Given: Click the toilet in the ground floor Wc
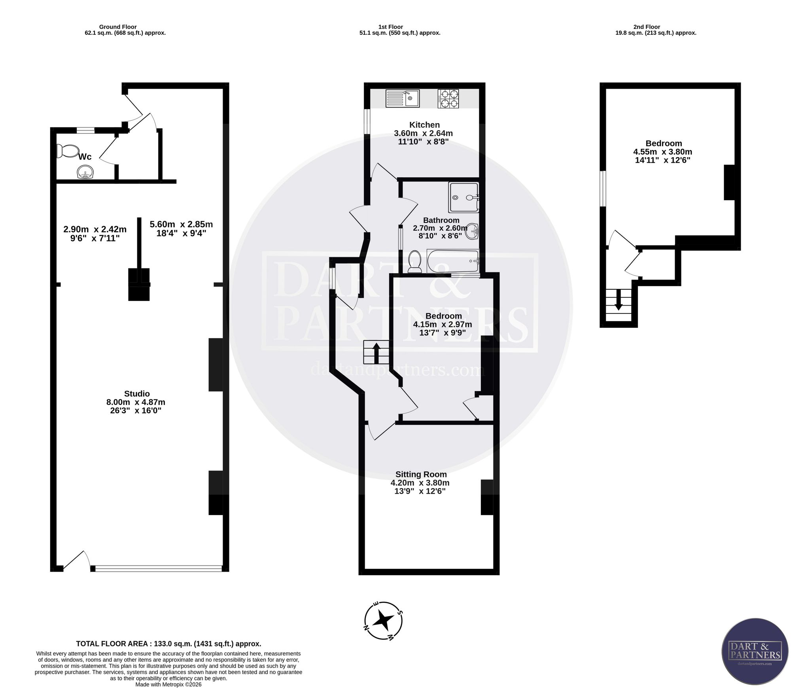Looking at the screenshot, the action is coord(67,151).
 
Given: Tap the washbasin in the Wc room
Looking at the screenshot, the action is coord(85,173).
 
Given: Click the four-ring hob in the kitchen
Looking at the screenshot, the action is coord(448,99).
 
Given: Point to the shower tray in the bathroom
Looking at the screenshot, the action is coord(464,197).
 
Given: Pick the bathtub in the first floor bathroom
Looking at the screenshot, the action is coord(453,261).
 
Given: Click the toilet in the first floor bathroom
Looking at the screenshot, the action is coord(415,261).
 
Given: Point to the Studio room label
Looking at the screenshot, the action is coord(137,393).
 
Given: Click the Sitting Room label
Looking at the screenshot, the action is coord(421,474).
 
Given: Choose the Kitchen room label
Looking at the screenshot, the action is coord(424,125).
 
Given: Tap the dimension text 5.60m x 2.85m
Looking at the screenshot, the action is coord(181,224).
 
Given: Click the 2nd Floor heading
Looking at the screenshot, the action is coord(647,27).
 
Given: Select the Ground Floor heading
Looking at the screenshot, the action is coord(118,27).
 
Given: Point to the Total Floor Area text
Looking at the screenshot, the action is coord(168,644).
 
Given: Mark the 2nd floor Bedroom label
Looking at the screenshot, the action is coord(664,143).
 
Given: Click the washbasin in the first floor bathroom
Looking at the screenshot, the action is coord(472,231).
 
